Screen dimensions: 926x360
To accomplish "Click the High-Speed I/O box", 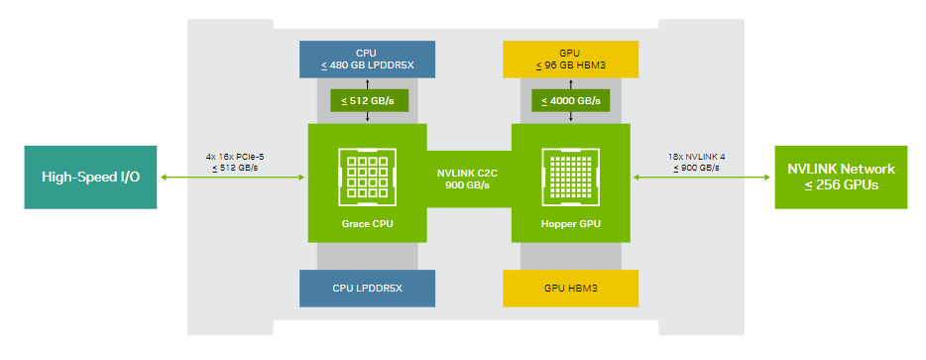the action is [90, 178].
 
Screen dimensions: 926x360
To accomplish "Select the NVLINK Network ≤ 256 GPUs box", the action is [841, 178].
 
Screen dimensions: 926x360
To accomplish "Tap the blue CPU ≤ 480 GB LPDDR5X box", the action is [368, 60].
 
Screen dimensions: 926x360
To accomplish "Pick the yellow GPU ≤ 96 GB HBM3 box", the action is [570, 60].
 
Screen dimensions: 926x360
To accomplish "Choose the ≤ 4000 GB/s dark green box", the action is [570, 100].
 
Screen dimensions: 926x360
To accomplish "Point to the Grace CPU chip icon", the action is [368, 178].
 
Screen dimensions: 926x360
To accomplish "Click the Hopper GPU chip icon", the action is [570, 178].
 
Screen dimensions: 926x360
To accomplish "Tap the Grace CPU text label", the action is [368, 224].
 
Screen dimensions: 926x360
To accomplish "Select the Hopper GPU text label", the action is [570, 224].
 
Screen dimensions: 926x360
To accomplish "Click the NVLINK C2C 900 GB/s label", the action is [469, 178].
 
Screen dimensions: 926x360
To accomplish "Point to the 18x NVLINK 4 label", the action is [696, 158].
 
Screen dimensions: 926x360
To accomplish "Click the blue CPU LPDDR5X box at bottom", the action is [368, 289].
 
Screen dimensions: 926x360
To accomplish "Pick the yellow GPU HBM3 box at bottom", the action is [570, 289].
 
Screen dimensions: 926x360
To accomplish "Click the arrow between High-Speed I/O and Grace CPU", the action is [232, 177].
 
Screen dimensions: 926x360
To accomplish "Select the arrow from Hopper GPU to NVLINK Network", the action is [702, 177].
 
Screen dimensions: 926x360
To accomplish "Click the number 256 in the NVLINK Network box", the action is [825, 185].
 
